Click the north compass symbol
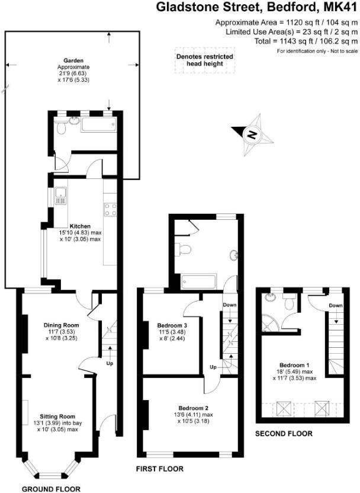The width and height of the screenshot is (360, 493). (x=253, y=135)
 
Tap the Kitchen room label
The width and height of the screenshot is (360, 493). (x=80, y=226)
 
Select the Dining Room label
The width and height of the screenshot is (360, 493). (x=61, y=325)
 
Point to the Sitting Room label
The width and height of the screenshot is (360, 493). (x=58, y=417)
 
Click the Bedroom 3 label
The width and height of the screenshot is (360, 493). (x=172, y=325)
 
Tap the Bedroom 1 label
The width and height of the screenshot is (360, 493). (x=294, y=364)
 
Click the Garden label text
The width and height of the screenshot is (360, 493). (x=73, y=60)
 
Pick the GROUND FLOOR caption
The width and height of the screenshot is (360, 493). (x=51, y=489)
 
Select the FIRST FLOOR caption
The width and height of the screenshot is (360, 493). (x=159, y=469)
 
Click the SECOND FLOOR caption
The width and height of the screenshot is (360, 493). (x=284, y=434)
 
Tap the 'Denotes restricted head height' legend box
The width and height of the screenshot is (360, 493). (x=205, y=60)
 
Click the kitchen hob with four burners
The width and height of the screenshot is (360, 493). (x=110, y=209)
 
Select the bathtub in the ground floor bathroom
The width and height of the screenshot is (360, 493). (x=98, y=125)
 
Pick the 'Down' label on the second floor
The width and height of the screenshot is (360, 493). (x=336, y=305)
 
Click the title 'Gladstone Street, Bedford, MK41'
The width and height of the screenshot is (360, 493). (x=257, y=8)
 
